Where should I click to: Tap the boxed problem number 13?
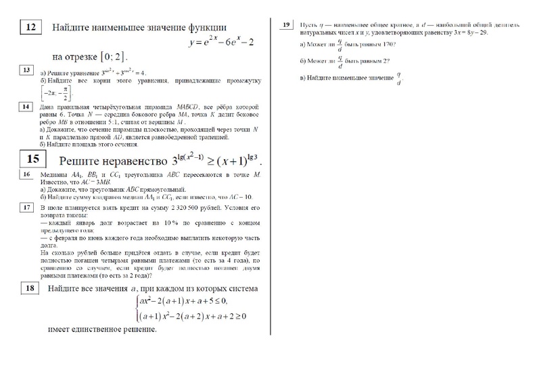(x=27, y=70)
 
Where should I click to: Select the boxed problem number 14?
(x=27, y=107)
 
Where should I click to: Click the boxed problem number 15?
(x=32, y=160)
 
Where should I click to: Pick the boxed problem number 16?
(x=27, y=175)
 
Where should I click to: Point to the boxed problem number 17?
(x=27, y=208)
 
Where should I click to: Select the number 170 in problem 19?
(x=387, y=45)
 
